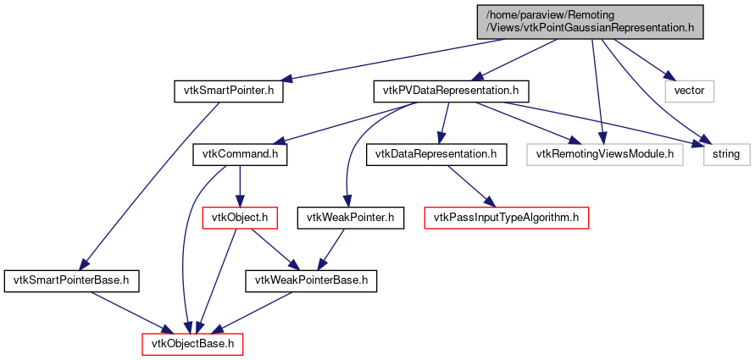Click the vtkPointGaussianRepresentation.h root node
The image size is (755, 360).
tap(590, 20)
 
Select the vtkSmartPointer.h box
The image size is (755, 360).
tap(228, 91)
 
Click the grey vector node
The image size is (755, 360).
tap(690, 91)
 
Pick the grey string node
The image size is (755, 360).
tap(725, 154)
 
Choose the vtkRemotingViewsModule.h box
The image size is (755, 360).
tap(604, 154)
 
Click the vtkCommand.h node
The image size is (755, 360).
tap(241, 154)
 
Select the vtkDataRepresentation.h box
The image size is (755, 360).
tap(436, 154)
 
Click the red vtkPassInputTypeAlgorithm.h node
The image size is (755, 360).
tap(507, 218)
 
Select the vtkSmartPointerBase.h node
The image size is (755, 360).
tap(71, 280)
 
